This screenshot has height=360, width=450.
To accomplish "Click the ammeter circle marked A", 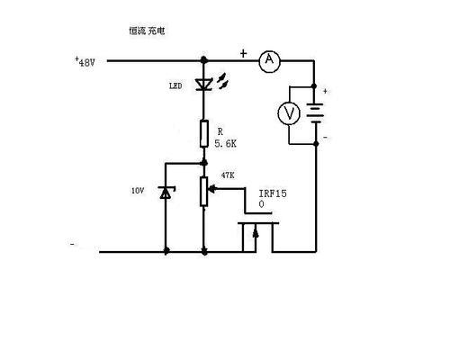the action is pos(269,61).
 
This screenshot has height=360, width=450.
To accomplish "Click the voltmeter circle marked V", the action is pos(289,113).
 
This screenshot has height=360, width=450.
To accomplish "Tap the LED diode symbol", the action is pos(203,85).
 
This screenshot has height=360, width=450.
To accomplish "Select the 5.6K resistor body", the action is pos(204,134).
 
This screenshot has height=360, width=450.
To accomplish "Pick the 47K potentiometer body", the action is pos(204,192).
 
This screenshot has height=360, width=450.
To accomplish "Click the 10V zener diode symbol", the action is pos(166,193).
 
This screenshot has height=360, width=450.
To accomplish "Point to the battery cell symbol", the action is pos(315,112).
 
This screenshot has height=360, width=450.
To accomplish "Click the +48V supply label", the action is pos(85,62).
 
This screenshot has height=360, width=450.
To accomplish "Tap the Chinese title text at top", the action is pos(147,31).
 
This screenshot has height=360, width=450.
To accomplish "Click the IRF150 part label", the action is pos(273,198).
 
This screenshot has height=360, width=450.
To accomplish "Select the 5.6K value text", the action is pos(225,144).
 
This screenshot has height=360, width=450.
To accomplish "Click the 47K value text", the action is pos(228,175).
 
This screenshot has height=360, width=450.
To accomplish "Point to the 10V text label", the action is pos(138,191).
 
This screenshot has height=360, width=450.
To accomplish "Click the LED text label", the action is pos(175,86).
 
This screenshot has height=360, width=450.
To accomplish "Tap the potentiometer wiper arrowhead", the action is pos(211,189).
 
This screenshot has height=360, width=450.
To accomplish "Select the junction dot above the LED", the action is pos(203,60).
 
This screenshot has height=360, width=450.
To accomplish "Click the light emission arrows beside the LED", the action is pos(222,80).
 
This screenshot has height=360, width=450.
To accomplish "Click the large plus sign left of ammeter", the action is pos(243,54).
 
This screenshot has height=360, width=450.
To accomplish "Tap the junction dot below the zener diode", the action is pos(166,250).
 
